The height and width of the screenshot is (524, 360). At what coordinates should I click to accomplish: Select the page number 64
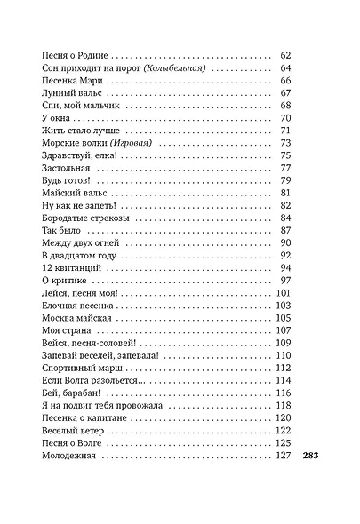pyautogui.click(x=286, y=67)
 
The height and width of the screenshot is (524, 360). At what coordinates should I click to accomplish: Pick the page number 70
pyautogui.click(x=286, y=117)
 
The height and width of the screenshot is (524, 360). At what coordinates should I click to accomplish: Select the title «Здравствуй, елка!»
pyautogui.click(x=80, y=155)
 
